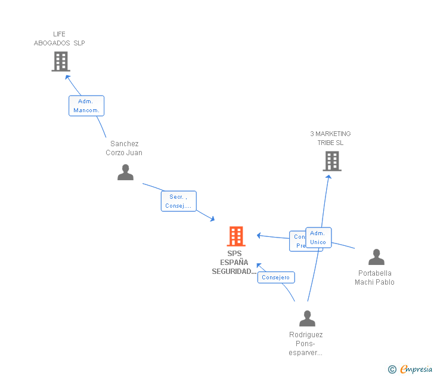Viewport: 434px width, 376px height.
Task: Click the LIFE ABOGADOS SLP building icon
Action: [60, 61]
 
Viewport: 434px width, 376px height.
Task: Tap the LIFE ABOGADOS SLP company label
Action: [59, 39]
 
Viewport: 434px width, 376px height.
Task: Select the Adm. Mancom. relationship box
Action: [86, 106]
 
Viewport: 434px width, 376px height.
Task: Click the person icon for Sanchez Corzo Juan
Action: [125, 172]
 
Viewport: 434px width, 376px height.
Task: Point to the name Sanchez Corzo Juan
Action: [125, 148]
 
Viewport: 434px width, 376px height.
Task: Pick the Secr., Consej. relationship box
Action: [178, 201]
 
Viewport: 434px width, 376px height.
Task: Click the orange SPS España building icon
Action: [236, 236]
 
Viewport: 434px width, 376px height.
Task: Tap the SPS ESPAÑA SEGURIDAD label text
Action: [234, 263]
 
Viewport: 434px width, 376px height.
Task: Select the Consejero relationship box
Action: [275, 278]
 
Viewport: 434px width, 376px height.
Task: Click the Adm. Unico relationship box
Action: [318, 238]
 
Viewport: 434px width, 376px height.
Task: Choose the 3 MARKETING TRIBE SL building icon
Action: [331, 161]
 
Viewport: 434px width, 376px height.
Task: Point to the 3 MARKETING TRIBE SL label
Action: [330, 138]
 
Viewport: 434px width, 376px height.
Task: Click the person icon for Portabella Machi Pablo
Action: [376, 257]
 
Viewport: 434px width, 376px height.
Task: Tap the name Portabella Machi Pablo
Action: [374, 278]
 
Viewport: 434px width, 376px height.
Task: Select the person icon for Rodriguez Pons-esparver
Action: [307, 318]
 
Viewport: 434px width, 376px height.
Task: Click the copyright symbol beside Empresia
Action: [392, 369]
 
